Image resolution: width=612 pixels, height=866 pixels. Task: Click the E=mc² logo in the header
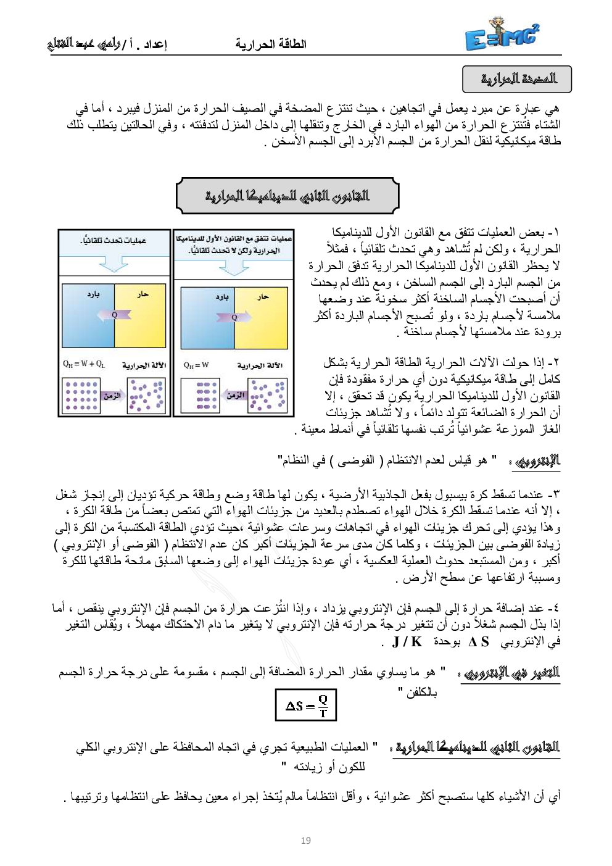click(x=502, y=36)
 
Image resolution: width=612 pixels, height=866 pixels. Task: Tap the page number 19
click(x=306, y=840)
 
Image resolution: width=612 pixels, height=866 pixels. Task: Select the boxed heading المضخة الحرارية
click(x=517, y=79)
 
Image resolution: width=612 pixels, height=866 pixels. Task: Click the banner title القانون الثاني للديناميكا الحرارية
click(x=287, y=196)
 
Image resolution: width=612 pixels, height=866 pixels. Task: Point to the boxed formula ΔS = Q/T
click(x=306, y=705)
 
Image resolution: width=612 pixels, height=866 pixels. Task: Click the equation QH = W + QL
click(x=84, y=364)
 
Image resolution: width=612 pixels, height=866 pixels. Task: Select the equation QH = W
click(x=196, y=365)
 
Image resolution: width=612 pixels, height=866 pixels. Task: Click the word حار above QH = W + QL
click(x=143, y=294)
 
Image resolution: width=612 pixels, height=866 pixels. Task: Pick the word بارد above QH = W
click(x=222, y=297)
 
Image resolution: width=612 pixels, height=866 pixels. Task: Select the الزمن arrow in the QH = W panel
click(x=235, y=395)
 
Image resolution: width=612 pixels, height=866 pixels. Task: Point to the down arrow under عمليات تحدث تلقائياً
click(x=114, y=264)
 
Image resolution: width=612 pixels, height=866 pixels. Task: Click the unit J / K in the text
click(x=407, y=642)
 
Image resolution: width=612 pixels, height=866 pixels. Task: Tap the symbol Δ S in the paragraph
click(x=479, y=642)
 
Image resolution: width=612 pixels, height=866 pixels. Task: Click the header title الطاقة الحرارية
click(x=271, y=44)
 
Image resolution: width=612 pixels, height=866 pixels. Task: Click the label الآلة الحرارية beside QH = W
click(x=260, y=365)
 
